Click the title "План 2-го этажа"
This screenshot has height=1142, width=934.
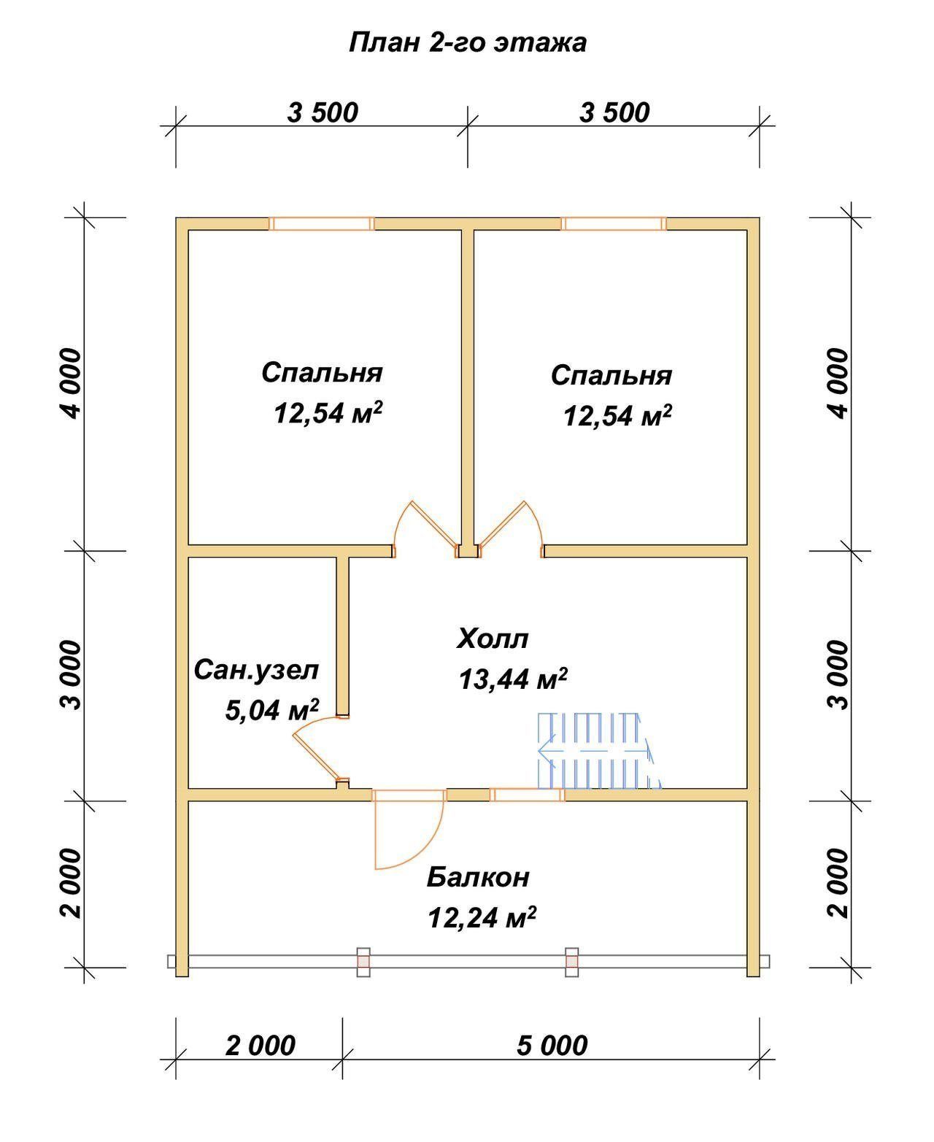(x=468, y=43)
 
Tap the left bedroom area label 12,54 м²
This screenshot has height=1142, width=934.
(x=328, y=413)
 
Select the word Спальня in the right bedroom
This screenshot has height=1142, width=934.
(x=611, y=376)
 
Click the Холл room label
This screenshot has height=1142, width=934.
(x=493, y=639)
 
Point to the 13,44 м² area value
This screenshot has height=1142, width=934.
(x=513, y=679)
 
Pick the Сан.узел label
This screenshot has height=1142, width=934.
(x=257, y=671)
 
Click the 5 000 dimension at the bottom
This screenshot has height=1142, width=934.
(x=552, y=1046)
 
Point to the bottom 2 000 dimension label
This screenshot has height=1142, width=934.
(x=260, y=1046)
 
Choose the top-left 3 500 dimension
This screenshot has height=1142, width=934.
(x=323, y=113)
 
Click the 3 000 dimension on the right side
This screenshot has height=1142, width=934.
(x=838, y=675)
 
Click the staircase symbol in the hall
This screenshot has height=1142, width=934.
(x=599, y=751)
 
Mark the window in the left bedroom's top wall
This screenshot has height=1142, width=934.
(x=322, y=223)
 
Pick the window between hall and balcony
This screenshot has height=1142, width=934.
(x=528, y=795)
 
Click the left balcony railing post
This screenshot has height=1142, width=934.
(x=363, y=962)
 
